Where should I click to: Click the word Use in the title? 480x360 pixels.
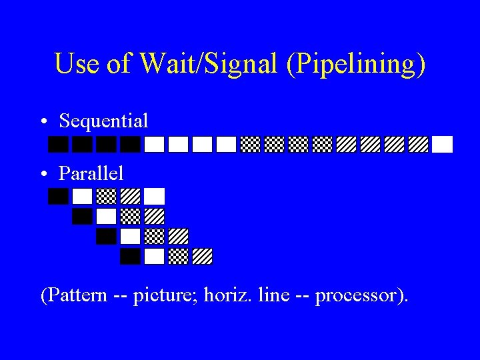[x=75, y=65]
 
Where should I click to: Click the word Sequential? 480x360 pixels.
[x=103, y=121]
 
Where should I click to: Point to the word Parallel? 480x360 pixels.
[x=91, y=173]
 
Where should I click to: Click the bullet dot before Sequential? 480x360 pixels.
[x=43, y=122]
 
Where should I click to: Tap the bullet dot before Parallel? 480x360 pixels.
[x=43, y=174]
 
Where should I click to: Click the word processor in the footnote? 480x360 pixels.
[x=361, y=296]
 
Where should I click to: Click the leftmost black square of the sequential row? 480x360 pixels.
[x=59, y=144]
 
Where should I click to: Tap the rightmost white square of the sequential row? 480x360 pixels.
[x=442, y=144]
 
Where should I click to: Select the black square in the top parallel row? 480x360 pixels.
[x=59, y=196]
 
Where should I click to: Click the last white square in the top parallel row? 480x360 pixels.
[x=154, y=196]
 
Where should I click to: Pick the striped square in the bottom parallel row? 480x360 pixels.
[x=202, y=256]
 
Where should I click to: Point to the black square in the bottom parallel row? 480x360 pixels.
[x=130, y=256]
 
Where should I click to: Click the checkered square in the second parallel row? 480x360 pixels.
[x=130, y=216]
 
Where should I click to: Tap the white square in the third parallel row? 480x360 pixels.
[x=130, y=236]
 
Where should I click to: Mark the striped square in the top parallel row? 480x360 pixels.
[x=130, y=196]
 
